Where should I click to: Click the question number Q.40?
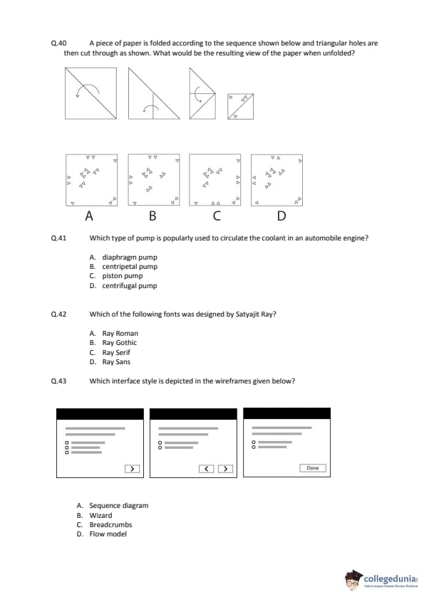click(58, 43)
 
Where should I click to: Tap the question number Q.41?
click(58, 238)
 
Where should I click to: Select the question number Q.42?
click(58, 314)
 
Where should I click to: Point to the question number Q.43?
click(58, 381)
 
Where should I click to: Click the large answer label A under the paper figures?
click(89, 216)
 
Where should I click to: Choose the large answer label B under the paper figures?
click(152, 216)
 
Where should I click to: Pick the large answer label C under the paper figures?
click(217, 216)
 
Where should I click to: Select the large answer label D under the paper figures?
click(281, 216)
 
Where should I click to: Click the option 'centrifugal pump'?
click(130, 285)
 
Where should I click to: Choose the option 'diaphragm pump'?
click(130, 257)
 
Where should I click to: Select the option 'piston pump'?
click(123, 276)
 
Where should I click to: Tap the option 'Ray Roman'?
click(120, 333)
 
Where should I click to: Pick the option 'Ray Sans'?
click(116, 362)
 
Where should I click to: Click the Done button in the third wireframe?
click(313, 468)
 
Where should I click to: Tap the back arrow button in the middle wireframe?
click(206, 469)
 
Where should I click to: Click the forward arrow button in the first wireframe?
click(132, 469)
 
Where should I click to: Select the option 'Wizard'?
click(100, 515)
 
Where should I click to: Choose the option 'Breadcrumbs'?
click(110, 524)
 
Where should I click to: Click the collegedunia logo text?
click(391, 578)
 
